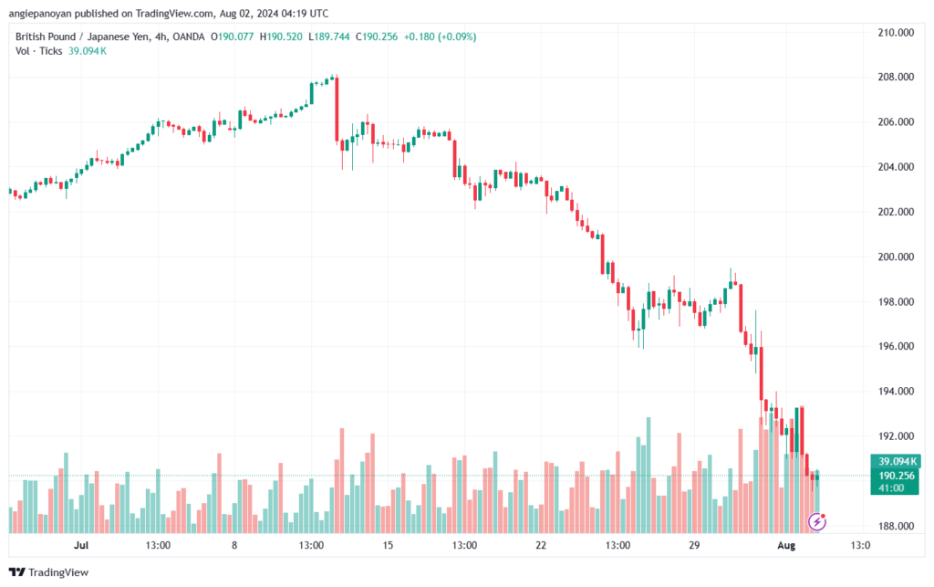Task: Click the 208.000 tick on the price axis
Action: point(896,77)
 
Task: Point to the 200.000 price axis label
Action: point(896,257)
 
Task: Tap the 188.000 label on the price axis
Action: point(896,526)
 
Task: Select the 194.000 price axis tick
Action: point(896,392)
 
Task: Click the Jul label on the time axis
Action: point(81,545)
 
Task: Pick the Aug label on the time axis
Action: point(786,545)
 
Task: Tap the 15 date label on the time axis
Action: point(388,545)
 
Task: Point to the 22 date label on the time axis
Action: point(541,545)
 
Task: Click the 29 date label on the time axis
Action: point(694,545)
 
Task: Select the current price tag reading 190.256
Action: point(897,476)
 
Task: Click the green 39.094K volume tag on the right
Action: point(897,461)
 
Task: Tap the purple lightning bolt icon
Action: point(817,522)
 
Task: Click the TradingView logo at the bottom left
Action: point(49,572)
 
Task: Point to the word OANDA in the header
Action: point(188,37)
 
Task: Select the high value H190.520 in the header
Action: point(281,37)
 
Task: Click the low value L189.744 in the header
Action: point(328,37)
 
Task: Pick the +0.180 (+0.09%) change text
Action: point(441,37)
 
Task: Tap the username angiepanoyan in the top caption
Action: point(40,14)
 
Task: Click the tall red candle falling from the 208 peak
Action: point(337,110)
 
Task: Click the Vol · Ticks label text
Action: point(38,51)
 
